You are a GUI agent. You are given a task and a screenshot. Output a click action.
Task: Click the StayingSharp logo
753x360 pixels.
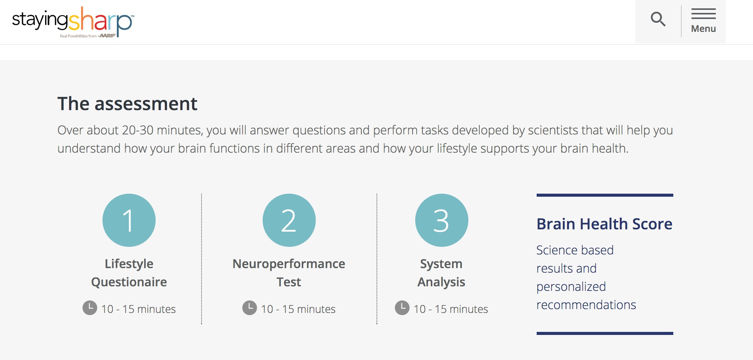[73, 22]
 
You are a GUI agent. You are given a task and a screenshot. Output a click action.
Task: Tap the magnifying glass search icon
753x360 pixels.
[658, 19]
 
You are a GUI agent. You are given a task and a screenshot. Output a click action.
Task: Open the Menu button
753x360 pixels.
[703, 21]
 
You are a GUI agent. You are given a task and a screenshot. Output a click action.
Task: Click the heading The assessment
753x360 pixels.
[127, 104]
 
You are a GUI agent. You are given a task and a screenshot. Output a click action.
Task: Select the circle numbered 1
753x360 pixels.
[129, 220]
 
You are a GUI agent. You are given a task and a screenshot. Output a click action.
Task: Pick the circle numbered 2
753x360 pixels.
[289, 220]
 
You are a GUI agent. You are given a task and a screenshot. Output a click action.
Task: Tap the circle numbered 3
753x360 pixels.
[442, 220]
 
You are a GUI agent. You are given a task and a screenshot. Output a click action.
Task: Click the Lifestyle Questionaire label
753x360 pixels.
[129, 273]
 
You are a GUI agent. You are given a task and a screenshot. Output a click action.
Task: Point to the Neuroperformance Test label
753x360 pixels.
[289, 273]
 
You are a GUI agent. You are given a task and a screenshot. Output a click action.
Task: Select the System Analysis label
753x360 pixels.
[441, 273]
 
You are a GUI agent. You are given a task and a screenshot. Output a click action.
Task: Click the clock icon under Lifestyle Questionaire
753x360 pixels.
[90, 308]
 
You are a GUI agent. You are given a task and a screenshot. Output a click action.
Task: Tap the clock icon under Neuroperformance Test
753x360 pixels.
[250, 308]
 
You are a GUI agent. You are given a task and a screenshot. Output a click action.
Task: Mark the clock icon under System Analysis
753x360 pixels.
[402, 308]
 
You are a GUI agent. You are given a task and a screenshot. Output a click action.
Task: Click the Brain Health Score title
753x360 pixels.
[605, 224]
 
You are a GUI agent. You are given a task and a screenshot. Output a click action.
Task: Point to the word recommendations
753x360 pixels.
[586, 305]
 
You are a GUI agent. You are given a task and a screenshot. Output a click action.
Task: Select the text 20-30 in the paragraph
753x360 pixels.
[138, 130]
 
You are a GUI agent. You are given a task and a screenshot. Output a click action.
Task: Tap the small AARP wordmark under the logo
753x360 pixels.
[107, 36]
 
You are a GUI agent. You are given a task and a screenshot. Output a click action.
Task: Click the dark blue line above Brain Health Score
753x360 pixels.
[605, 195]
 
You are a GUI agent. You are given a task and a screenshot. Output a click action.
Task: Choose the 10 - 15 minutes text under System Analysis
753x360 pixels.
[451, 309]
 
